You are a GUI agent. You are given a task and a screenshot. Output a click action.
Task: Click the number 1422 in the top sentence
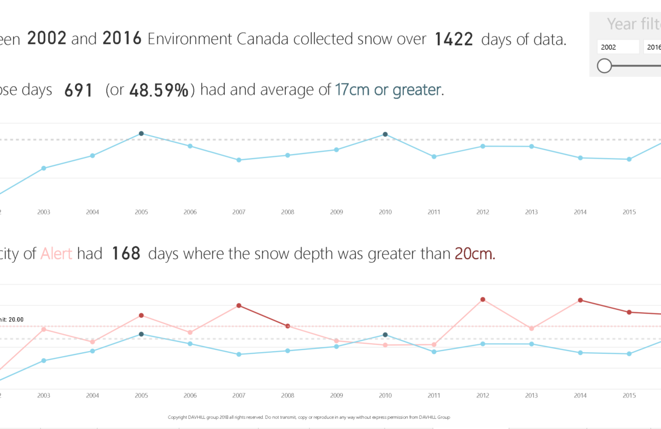pos(454,40)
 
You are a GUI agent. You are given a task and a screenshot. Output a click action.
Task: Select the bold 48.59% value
pos(159,90)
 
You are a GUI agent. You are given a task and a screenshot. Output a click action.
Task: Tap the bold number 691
pos(79,90)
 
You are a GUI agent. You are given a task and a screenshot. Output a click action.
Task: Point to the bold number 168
pos(126,254)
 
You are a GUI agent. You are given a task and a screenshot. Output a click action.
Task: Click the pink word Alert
pos(56,254)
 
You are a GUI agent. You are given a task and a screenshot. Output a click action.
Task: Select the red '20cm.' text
pos(475,254)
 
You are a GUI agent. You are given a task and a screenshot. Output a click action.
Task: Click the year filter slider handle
pos(605,66)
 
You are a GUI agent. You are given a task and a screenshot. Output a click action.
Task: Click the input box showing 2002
pos(618,47)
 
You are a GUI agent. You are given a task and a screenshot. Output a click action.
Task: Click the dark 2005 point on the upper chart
pos(141,134)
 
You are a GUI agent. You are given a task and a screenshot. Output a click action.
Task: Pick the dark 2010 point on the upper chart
pos(385,134)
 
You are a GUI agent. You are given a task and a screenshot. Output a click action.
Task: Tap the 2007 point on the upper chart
pos(239,160)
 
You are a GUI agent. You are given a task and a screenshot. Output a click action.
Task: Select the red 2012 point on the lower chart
pos(483,299)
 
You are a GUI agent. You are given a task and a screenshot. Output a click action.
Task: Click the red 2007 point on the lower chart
pos(239,305)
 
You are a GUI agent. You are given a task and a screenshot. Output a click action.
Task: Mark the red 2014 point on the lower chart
pos(580,300)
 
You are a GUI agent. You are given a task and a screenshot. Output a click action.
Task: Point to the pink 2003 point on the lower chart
pos(44,329)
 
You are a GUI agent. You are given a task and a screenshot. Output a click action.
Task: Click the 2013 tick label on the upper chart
pos(531,212)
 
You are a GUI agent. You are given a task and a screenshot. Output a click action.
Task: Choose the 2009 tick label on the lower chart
pos(336,396)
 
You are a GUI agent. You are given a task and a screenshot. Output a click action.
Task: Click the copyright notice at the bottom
pos(308,418)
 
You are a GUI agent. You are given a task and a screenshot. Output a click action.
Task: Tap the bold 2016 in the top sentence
pos(122,40)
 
